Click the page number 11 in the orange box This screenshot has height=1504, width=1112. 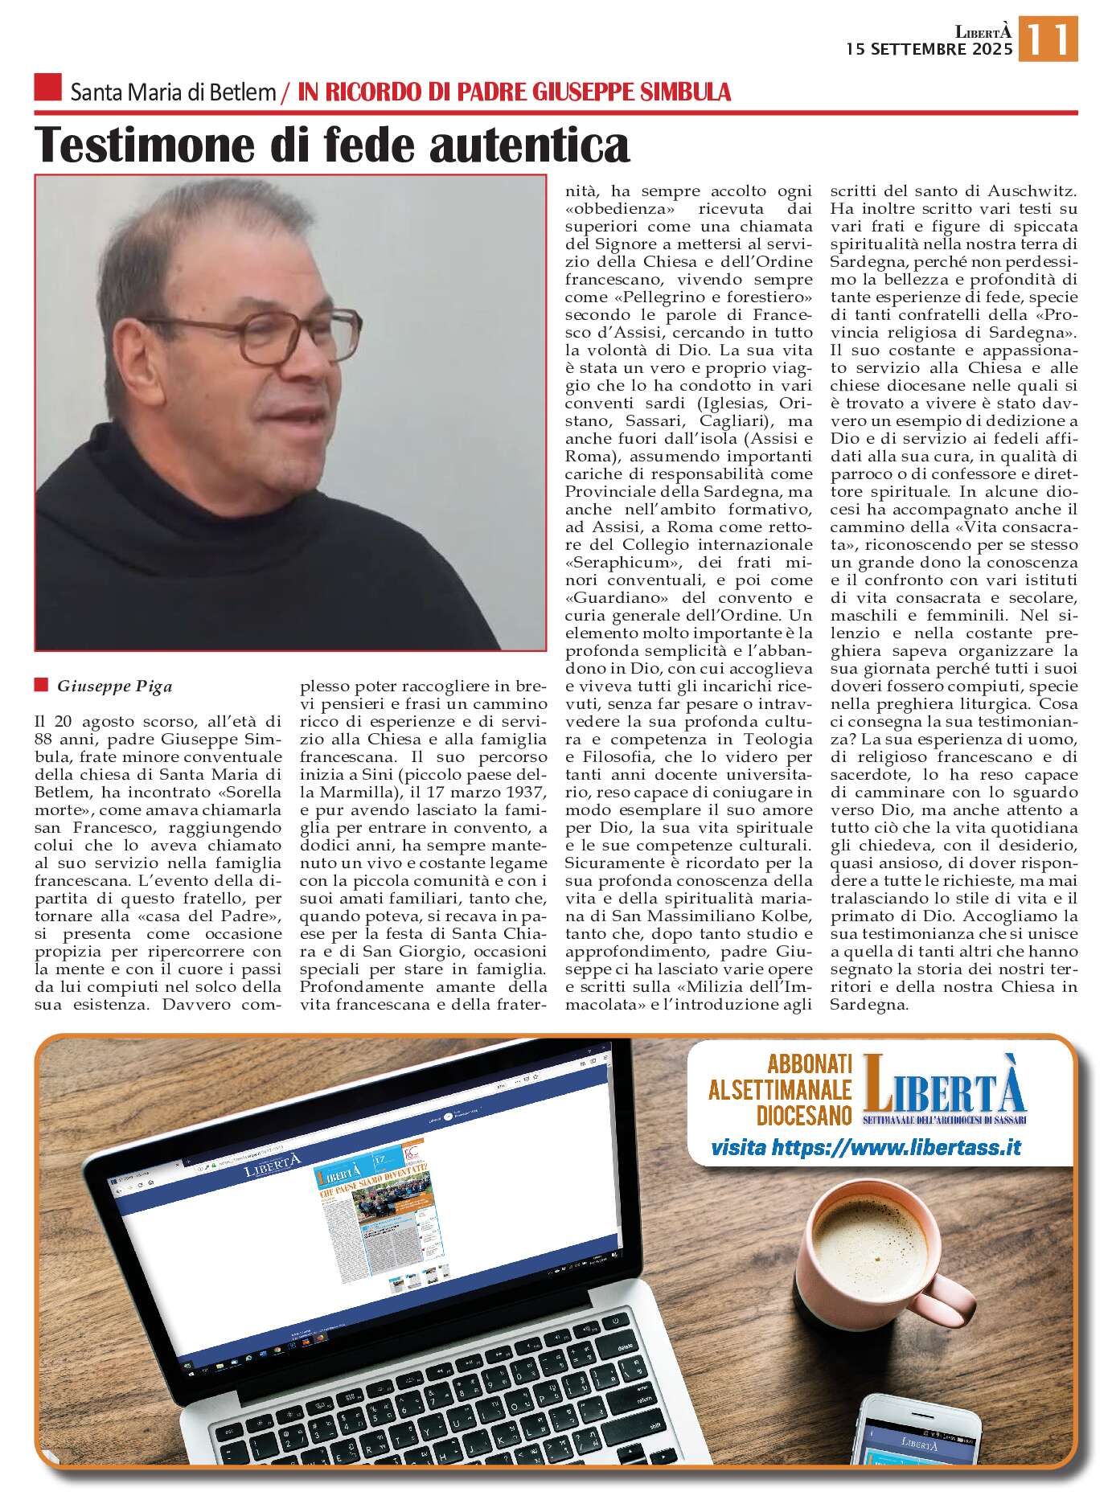1048,39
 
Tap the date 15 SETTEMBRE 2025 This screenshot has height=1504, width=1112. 929,49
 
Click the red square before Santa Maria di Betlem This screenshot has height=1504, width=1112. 47,88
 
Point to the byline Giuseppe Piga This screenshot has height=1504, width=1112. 114,686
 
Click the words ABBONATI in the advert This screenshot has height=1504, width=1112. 809,1063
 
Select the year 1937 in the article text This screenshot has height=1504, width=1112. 523,792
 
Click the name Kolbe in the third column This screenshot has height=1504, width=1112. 786,916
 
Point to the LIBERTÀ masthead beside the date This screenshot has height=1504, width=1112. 983,32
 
